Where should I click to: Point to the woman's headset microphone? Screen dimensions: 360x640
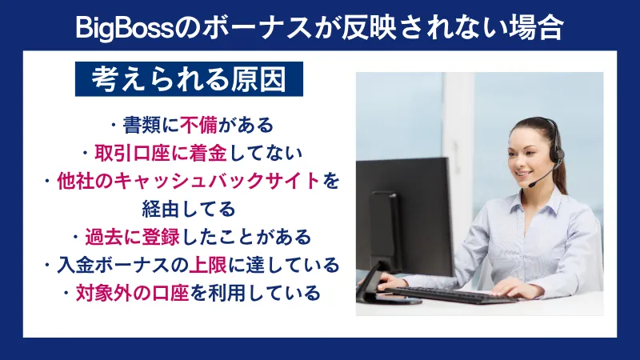click(533, 184)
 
